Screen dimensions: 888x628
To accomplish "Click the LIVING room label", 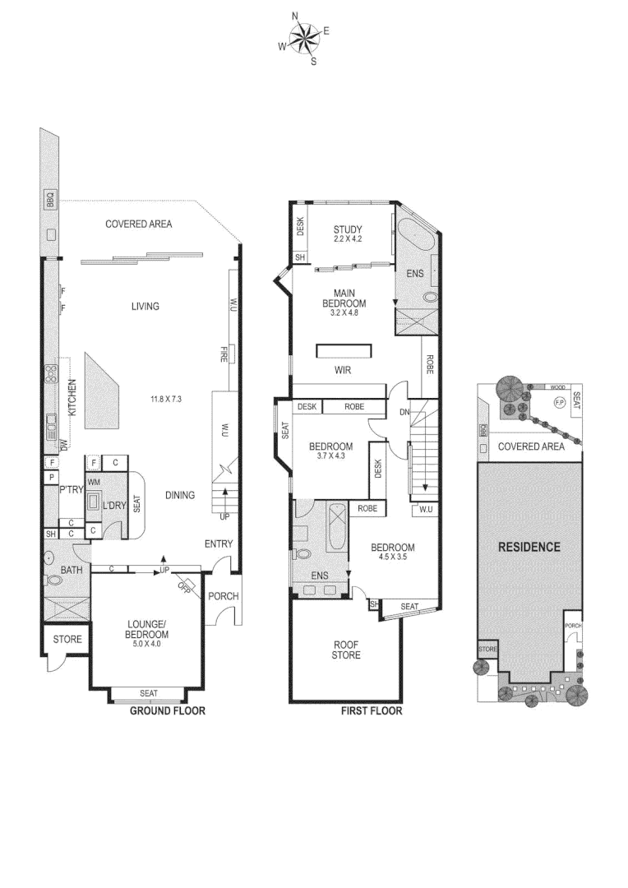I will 145,307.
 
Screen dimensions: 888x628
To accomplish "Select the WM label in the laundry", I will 94,482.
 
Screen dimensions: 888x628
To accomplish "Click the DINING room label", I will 179,495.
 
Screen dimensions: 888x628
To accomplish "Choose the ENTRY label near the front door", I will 219,543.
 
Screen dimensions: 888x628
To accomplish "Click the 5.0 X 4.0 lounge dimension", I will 148,645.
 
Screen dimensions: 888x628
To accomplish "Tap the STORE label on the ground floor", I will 67,638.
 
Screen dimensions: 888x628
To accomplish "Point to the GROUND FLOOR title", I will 168,711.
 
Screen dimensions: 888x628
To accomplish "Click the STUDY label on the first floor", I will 348,229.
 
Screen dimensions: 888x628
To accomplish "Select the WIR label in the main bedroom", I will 343,371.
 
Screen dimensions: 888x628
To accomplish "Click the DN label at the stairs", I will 404,413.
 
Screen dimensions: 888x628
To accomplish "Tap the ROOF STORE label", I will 346,650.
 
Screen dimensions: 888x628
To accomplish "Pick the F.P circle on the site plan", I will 560,402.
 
